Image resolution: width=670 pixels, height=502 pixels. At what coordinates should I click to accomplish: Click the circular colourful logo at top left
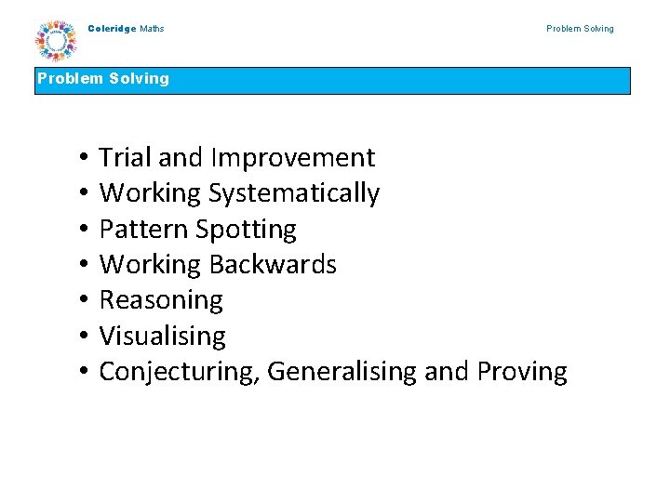(x=57, y=41)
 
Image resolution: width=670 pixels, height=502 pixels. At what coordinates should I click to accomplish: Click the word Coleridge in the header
(x=112, y=29)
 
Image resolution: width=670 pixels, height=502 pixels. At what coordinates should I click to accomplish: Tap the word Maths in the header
(x=152, y=29)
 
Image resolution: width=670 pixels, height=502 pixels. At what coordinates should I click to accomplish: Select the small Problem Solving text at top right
(x=580, y=29)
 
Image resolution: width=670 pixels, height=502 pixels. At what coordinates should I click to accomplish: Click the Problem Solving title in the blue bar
(x=103, y=79)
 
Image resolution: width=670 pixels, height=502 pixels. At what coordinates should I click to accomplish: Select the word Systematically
(x=293, y=193)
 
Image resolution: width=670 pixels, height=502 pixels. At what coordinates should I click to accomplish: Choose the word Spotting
(x=245, y=229)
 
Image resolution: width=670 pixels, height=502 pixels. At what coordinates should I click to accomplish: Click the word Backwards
(x=273, y=265)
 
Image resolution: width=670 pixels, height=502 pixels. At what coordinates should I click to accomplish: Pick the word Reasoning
(x=161, y=300)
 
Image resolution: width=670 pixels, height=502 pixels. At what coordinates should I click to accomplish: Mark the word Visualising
(x=162, y=336)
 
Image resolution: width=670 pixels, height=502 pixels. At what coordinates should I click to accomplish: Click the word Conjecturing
(x=179, y=372)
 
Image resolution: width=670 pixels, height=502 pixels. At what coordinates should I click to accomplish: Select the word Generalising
(x=342, y=372)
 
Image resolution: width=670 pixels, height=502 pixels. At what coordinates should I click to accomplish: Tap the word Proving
(x=521, y=372)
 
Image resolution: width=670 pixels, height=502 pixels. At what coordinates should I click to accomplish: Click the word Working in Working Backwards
(x=150, y=265)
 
